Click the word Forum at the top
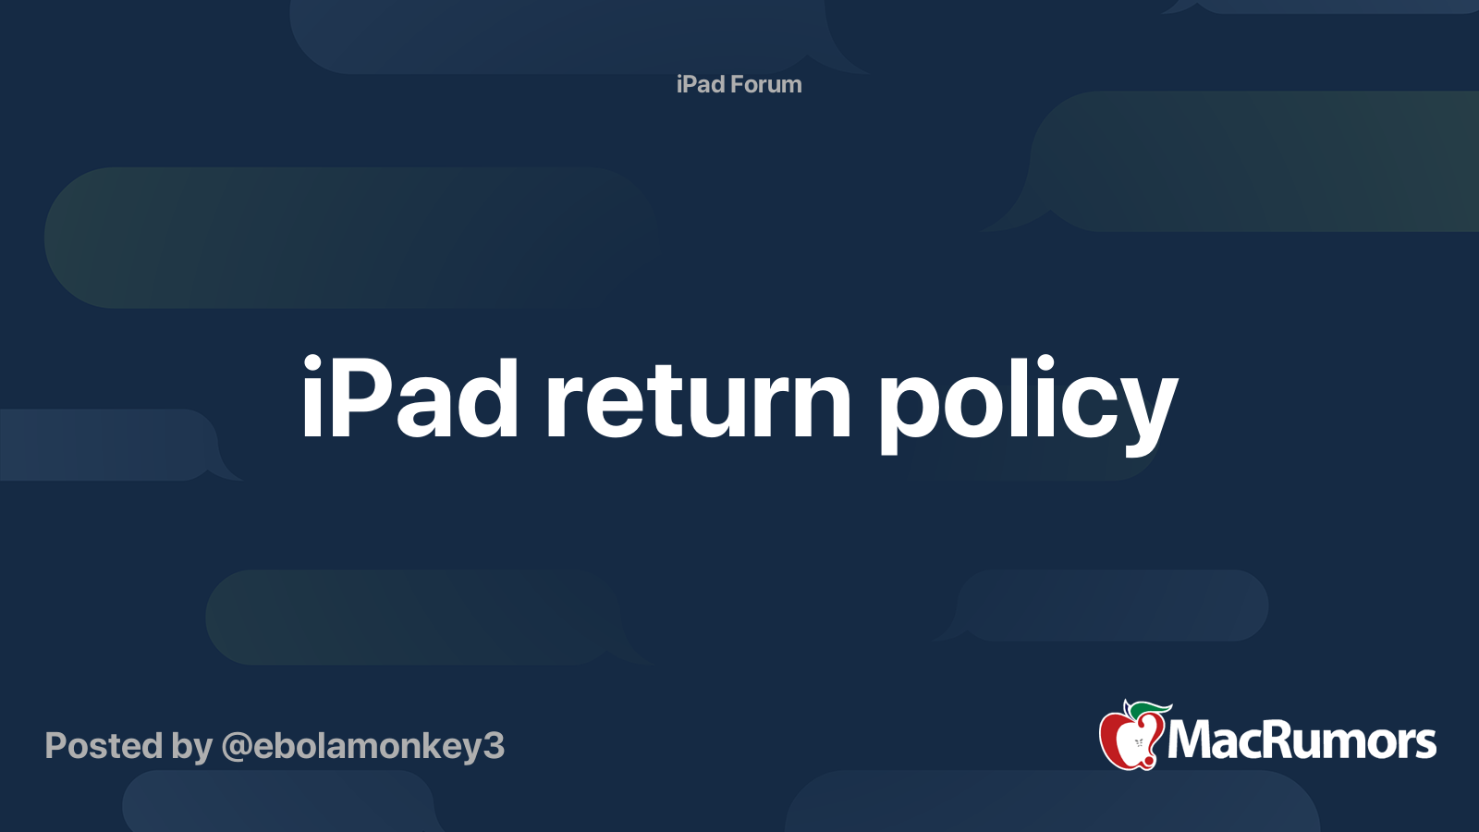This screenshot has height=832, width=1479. pyautogui.click(x=766, y=84)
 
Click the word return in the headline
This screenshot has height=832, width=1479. pyautogui.click(x=698, y=399)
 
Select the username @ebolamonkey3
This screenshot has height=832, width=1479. pyautogui.click(x=363, y=746)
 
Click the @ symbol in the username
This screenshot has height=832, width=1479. pyautogui.click(x=237, y=747)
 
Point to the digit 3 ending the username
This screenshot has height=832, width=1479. pyautogui.click(x=494, y=746)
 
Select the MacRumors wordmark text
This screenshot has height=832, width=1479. pyautogui.click(x=1302, y=740)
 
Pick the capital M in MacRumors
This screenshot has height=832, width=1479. pyautogui.click(x=1188, y=740)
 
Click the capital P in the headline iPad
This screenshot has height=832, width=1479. pyautogui.click(x=357, y=398)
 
